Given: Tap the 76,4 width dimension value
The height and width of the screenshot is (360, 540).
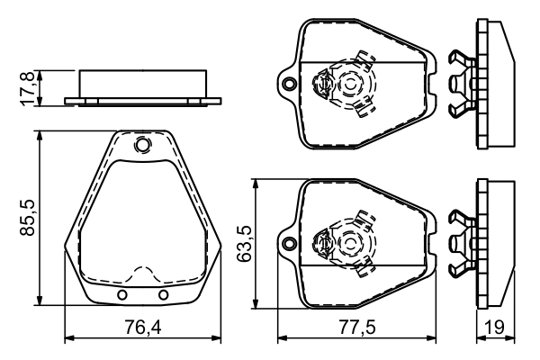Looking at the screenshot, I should tap(142, 327).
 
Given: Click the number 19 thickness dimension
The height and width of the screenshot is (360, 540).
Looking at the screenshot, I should tap(494, 327).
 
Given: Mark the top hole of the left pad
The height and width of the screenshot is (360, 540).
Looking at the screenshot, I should tap(142, 145).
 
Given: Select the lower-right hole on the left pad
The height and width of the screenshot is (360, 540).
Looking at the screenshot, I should tap(163, 295).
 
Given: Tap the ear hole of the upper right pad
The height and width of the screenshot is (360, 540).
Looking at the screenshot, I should tap(288, 85).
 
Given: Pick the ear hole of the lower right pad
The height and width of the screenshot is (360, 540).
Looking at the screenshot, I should tap(288, 242).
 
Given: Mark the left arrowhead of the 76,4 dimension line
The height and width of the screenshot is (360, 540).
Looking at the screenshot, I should tap(70, 339).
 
